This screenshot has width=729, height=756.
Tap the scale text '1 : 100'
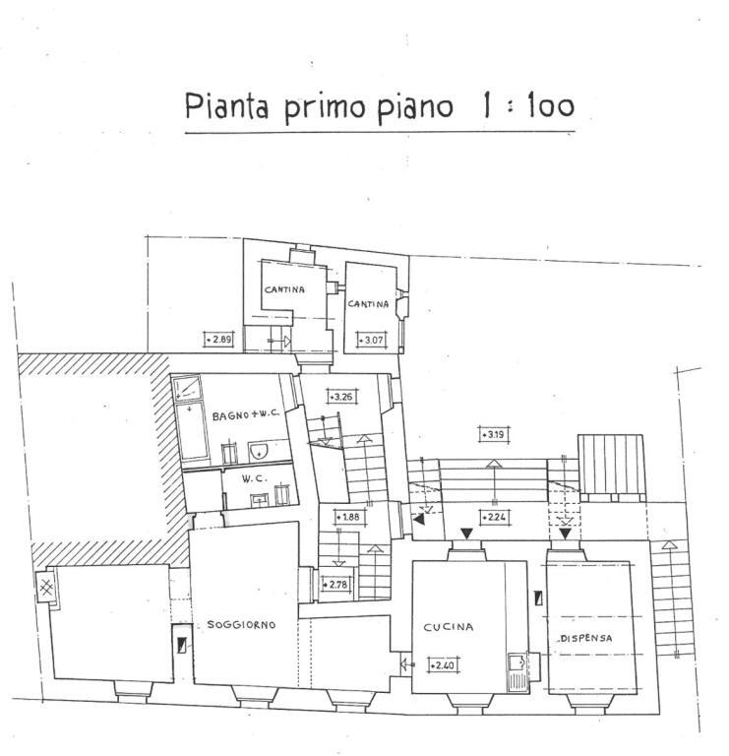coord(526,106)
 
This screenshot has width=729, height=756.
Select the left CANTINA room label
coord(284,289)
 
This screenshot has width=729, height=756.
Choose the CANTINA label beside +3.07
coord(368,304)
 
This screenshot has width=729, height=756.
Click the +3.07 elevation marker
coord(371,341)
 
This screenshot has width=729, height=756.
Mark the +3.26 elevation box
coord(340,398)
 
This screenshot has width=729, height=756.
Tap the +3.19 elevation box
coord(493,433)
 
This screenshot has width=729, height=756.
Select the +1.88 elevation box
coord(347,517)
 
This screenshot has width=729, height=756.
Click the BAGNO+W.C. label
coord(246,415)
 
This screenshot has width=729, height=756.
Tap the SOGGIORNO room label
coord(241,625)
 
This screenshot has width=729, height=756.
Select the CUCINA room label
coord(449,626)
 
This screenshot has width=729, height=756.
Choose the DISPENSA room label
coord(586,638)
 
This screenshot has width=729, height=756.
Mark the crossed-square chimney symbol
coord(46,589)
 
